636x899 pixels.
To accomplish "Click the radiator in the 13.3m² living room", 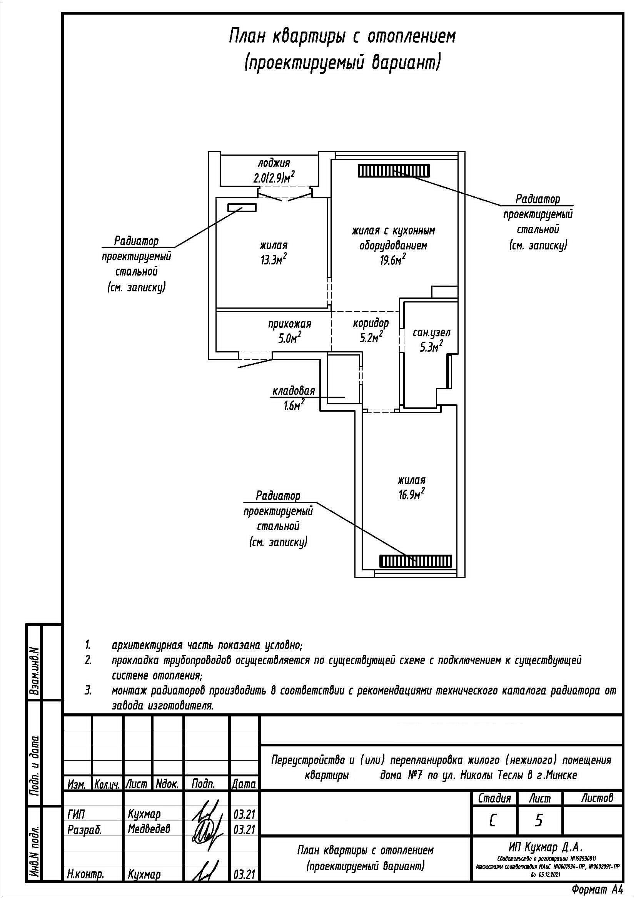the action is click(242, 208).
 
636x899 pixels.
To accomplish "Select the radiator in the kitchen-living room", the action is click(394, 171).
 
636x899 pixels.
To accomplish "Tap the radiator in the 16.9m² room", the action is click(416, 562).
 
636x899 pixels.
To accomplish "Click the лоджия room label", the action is click(274, 163).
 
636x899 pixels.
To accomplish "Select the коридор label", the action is click(371, 323).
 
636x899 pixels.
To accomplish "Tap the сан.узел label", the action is click(431, 333).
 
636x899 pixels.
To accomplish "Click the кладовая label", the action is click(294, 391).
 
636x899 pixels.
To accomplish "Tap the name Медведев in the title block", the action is click(149, 829).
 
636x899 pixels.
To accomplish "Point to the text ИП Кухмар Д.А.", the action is click(546, 848).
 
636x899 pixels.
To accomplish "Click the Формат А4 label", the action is click(597, 890).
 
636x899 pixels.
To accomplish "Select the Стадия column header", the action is click(495, 798).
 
